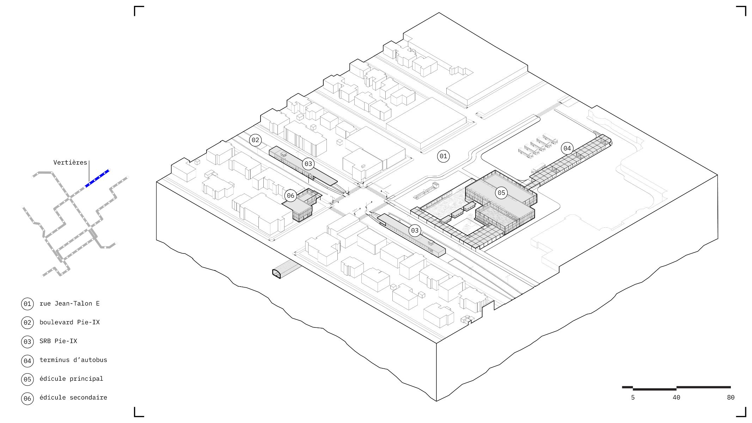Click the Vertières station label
[70, 163]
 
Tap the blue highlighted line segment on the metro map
[97, 178]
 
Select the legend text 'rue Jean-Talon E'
[69, 304]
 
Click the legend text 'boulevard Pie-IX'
[69, 322]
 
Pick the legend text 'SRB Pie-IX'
[58, 341]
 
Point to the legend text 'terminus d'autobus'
[73, 360]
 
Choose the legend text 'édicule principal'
[71, 379]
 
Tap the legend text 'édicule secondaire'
[73, 397]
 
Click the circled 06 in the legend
[27, 399]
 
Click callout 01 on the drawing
[443, 156]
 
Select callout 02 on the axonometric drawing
[255, 140]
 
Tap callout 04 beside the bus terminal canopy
[567, 148]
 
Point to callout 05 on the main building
[501, 193]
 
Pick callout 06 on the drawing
[291, 196]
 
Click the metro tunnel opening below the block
[277, 274]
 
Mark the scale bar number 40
[676, 398]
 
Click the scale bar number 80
[730, 398]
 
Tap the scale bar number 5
[633, 398]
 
